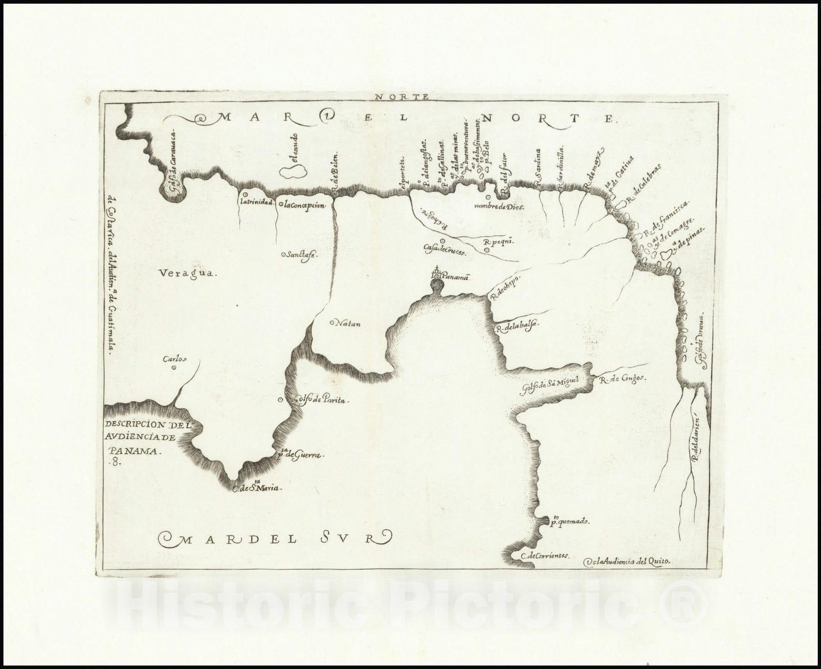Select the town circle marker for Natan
[x=331, y=323]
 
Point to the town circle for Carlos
[x=173, y=367]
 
